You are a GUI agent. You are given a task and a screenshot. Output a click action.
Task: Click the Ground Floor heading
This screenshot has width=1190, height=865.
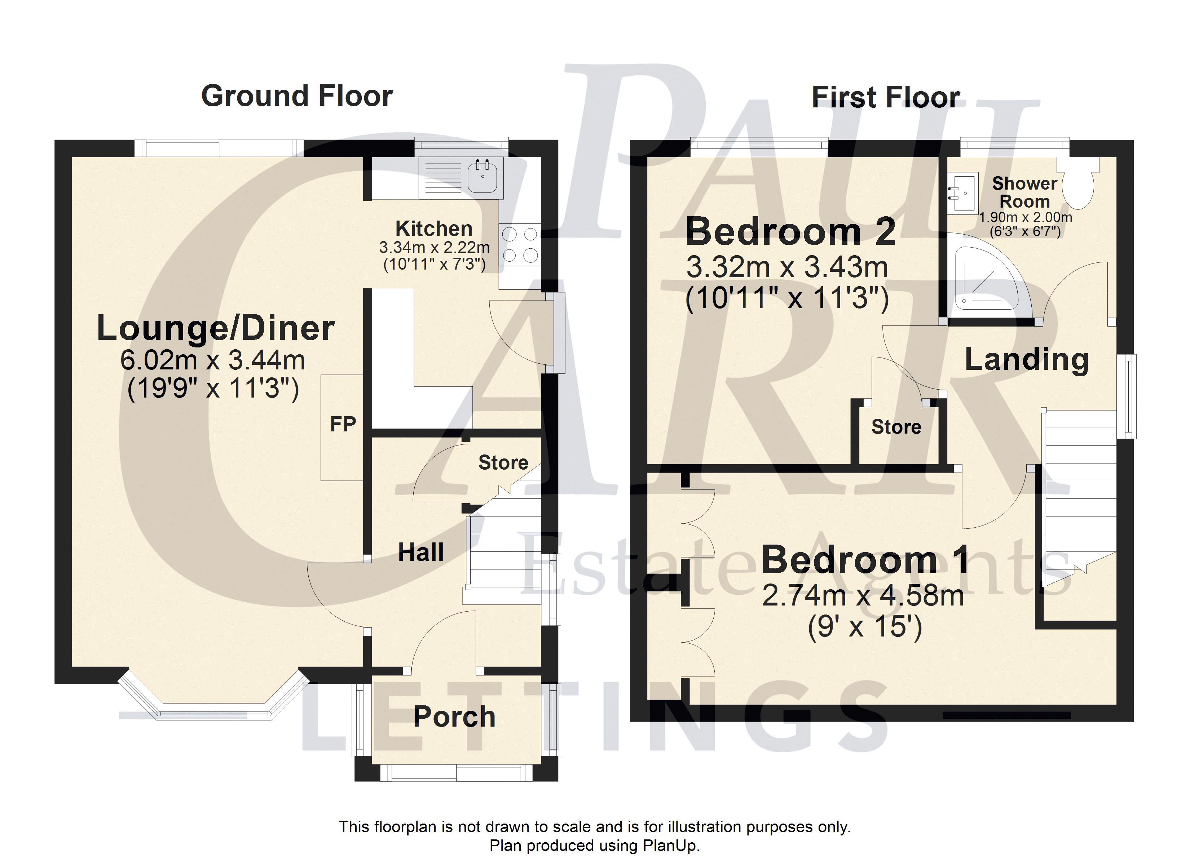297,97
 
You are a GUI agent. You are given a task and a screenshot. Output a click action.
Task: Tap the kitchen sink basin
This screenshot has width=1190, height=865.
482,176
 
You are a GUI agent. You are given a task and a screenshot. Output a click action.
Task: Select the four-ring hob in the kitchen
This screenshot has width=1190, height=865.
519,244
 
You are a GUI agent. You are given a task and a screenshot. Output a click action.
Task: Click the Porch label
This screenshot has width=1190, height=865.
454,717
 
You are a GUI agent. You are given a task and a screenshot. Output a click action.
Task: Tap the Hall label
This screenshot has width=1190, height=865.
421,553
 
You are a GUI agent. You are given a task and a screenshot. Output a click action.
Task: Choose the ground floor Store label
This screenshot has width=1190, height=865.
503,463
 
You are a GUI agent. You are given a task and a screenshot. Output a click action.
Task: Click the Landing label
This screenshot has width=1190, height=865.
1027,360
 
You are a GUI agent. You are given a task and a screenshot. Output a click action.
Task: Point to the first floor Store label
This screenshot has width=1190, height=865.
896,427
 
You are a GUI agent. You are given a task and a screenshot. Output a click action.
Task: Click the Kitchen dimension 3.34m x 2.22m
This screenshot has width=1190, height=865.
435,247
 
